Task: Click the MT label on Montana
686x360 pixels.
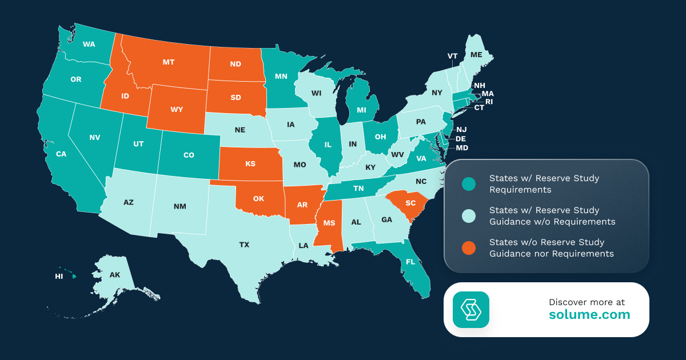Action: [168, 62]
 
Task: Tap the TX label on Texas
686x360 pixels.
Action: [244, 245]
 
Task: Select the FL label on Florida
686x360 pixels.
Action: [410, 262]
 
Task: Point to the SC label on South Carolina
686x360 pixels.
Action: [410, 203]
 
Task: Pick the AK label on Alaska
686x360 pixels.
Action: [115, 275]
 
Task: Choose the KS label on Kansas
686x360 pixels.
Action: [250, 164]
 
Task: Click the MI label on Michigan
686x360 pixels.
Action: [361, 109]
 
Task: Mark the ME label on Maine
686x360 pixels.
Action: [476, 55]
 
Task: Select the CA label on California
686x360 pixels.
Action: [61, 154]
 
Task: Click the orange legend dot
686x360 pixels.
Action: [469, 248]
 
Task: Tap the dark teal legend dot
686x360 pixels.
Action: [469, 184]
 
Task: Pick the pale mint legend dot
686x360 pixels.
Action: [469, 216]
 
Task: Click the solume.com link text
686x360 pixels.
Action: [589, 315]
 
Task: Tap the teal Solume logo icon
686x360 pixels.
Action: [471, 310]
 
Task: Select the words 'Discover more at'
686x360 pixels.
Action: [587, 302]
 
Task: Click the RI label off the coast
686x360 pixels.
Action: [489, 102]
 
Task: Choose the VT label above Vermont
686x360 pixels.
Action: [452, 56]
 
